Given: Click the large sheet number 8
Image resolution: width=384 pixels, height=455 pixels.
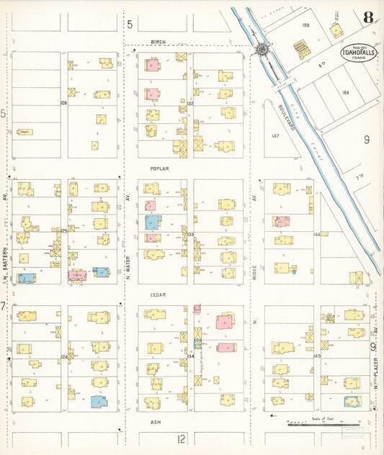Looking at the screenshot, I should tap(368, 17).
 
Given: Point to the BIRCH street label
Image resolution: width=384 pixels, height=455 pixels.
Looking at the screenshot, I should tap(158, 42).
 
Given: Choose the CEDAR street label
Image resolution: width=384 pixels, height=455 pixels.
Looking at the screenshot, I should tap(158, 295).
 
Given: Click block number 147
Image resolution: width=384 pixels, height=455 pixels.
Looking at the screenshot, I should tap(274, 135).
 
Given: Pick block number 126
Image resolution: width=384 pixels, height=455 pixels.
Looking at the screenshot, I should tap(63, 103).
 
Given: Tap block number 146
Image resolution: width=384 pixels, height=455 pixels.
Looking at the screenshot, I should tap(316, 234).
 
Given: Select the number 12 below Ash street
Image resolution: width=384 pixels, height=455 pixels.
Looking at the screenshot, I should tap(182, 438).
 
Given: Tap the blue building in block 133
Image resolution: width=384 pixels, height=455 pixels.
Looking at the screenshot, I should tap(151, 222).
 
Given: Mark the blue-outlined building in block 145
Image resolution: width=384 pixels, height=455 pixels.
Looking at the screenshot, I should tap(352, 401).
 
